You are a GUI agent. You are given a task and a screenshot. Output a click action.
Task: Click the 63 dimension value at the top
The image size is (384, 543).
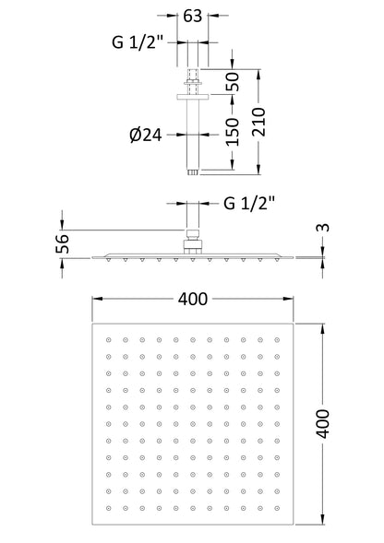tap(193, 16)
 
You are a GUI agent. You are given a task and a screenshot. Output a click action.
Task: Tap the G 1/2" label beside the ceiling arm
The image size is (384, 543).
tap(138, 42)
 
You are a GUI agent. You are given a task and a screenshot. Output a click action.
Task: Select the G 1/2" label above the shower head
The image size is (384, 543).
tap(249, 203)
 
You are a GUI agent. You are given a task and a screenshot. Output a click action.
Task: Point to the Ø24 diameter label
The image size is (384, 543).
tap(146, 135)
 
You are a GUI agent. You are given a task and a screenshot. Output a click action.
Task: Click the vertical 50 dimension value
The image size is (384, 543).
tap(233, 82)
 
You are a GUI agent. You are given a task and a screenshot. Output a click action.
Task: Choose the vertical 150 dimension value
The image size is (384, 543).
tap(233, 132)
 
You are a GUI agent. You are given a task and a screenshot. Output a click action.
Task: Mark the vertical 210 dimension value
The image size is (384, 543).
tap(258, 122)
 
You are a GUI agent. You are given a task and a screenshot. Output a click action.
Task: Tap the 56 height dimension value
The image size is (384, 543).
tap(63, 243)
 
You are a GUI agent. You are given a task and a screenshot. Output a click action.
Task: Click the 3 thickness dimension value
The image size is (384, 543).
tap(323, 228)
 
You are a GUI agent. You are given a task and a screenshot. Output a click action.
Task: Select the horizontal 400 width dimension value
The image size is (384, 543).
tap(193, 299)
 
